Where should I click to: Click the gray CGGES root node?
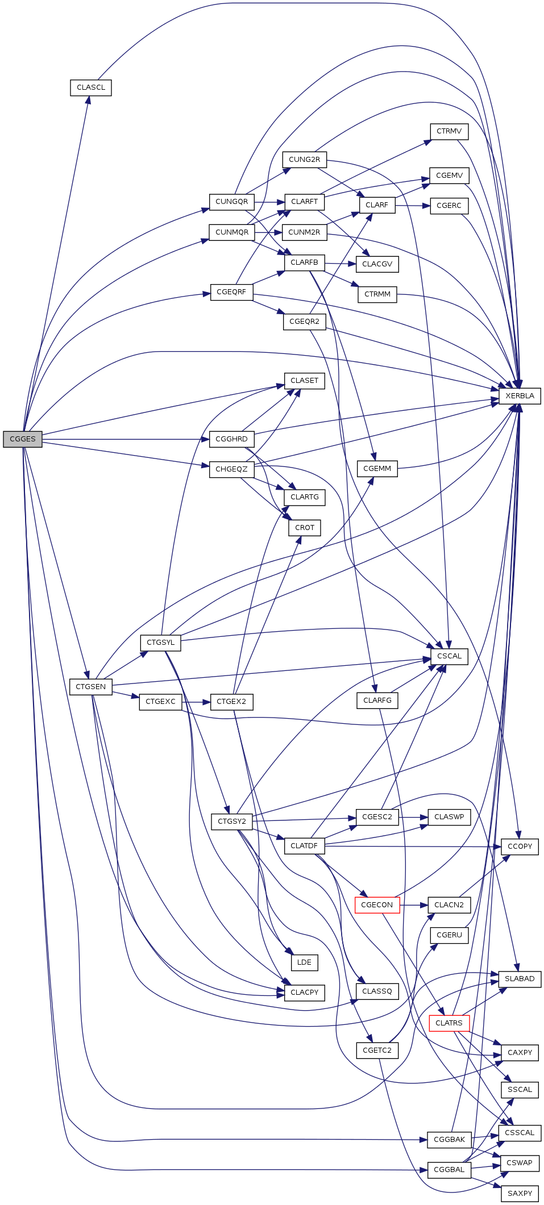tap(23, 439)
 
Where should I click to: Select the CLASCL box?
tap(91, 87)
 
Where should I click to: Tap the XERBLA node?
tap(520, 396)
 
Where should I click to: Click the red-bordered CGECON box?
tap(377, 904)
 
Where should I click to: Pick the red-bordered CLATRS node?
tap(449, 1023)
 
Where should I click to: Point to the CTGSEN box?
tap(91, 686)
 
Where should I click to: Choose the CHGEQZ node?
tap(231, 469)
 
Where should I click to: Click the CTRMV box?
tap(449, 131)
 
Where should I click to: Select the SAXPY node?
tap(520, 1193)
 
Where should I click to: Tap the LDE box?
tap(304, 962)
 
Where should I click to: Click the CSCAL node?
tap(449, 656)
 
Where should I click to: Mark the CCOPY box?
tap(520, 847)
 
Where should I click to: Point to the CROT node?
tap(305, 528)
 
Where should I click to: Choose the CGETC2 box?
tap(377, 1050)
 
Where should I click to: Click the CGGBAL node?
tap(449, 1169)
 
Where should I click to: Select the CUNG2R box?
tap(304, 160)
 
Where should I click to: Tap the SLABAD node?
tap(520, 979)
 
